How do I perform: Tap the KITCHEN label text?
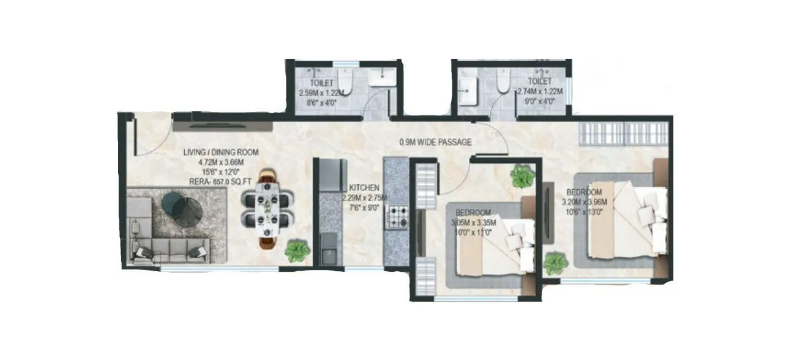click(365, 187)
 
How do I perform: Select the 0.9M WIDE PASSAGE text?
click(435, 143)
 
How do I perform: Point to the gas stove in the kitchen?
click(396, 216)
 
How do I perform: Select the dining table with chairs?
click(268, 209)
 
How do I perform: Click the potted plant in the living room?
click(297, 251)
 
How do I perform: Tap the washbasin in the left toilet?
click(383, 76)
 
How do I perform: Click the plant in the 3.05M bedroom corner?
click(522, 176)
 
